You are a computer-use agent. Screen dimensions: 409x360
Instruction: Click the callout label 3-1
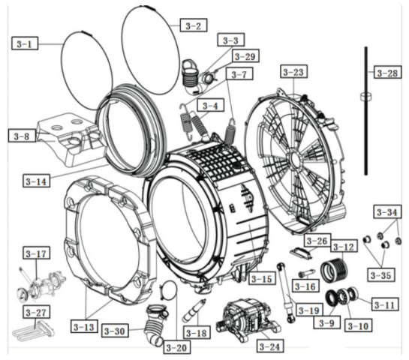(25, 43)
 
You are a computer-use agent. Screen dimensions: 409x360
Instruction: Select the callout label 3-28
(387, 72)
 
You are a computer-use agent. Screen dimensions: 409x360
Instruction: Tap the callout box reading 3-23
(293, 71)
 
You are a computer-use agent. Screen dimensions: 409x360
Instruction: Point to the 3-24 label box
(269, 346)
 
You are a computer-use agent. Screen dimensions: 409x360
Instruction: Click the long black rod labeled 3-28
(366, 111)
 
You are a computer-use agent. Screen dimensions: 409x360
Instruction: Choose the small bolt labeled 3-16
(306, 274)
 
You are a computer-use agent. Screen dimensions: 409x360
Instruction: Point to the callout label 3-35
(380, 274)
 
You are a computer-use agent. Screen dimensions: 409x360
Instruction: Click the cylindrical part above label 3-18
(194, 311)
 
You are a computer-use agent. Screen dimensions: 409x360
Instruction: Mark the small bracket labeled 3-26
(301, 253)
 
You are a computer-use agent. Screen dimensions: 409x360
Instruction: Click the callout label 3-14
(36, 181)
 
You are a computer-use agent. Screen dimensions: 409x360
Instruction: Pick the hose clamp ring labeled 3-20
(169, 290)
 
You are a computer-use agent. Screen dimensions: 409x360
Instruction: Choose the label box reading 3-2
(194, 25)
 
